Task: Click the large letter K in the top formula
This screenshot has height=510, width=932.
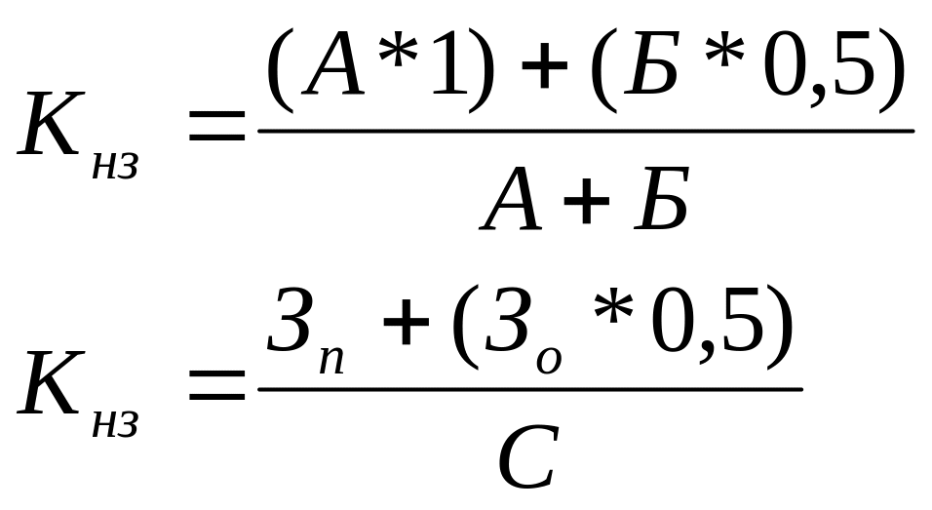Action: click(x=49, y=126)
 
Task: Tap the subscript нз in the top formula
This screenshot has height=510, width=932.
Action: click(x=115, y=167)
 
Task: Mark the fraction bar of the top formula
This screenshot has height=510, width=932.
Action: click(x=585, y=131)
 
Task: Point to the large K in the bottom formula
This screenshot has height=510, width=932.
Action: click(x=49, y=385)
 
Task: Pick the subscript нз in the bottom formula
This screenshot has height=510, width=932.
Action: click(x=115, y=426)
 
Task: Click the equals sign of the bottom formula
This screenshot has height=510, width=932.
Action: click(x=216, y=387)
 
